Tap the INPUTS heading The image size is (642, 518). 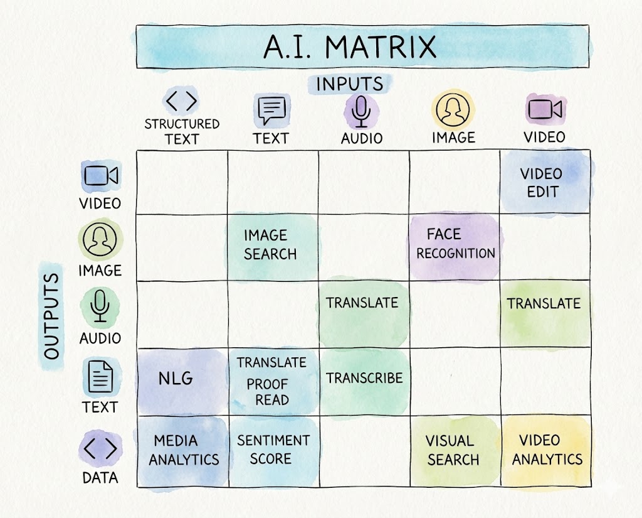349,84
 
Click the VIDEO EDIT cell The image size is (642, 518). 542,183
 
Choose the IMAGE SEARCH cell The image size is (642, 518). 270,245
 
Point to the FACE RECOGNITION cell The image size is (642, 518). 455,244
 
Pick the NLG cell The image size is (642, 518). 175,379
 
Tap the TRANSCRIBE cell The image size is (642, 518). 364,379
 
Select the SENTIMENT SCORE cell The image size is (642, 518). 273,450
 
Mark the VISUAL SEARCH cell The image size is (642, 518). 453,450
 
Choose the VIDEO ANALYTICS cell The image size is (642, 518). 547,450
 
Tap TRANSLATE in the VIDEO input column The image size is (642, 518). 544,304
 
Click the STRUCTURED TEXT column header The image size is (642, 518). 182,131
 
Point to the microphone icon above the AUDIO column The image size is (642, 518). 361,112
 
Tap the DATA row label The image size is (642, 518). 100,478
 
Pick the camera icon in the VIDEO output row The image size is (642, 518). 100,176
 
